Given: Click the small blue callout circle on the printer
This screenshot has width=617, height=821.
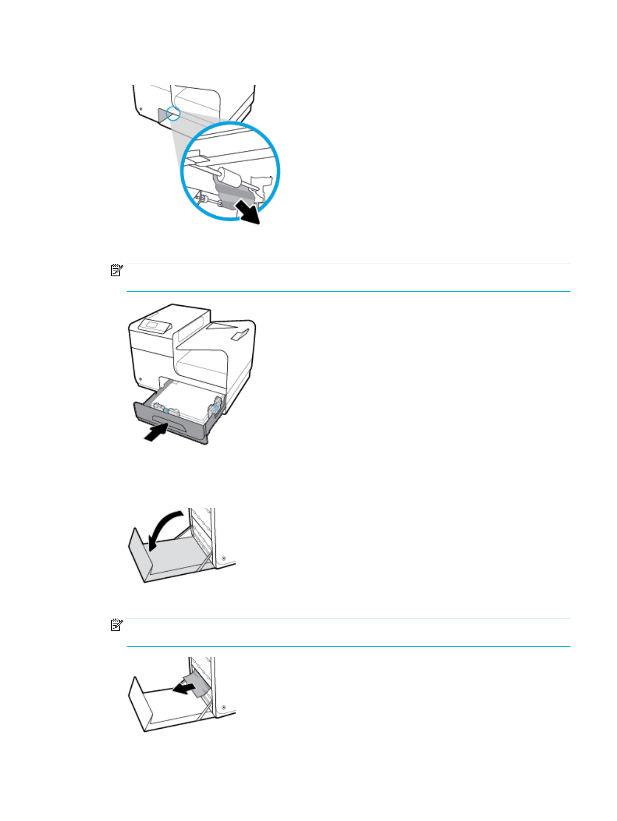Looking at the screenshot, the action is [173, 113].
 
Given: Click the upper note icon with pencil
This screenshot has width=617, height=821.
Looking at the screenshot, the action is [117, 270].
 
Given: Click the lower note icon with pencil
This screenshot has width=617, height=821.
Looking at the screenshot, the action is [117, 625].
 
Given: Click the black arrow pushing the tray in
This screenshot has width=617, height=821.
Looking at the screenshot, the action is [155, 432].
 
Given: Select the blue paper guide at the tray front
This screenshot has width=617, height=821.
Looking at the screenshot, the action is [166, 409].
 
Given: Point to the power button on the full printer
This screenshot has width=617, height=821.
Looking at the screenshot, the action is [140, 379].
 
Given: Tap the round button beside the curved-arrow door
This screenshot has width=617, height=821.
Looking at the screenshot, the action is [223, 558].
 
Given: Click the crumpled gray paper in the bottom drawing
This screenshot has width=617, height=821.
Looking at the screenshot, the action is [198, 685].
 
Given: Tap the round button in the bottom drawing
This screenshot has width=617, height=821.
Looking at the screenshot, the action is [223, 707].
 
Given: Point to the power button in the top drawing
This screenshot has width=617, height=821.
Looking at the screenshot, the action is [140, 109].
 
